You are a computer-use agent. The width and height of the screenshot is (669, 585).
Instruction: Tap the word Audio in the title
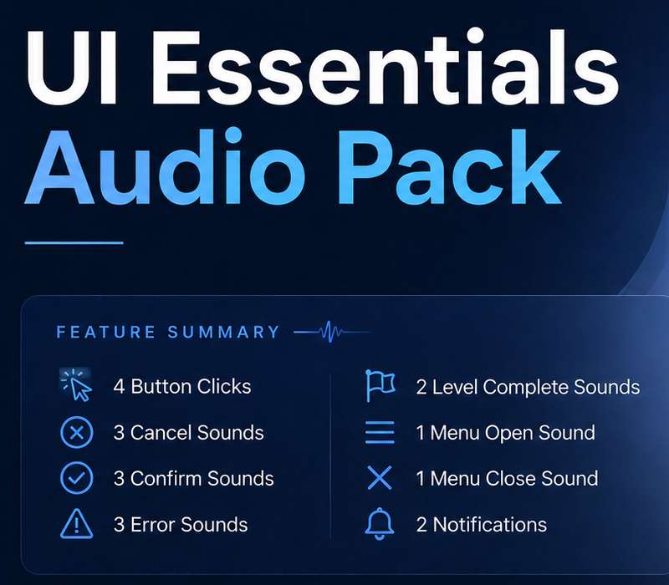(165, 166)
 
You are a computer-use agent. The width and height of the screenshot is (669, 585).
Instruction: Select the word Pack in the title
(449, 166)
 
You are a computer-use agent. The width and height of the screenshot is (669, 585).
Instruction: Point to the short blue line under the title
(74, 243)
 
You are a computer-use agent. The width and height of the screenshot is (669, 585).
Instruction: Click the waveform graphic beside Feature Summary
(332, 331)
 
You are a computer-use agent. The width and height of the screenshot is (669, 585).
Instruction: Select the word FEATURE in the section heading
(106, 332)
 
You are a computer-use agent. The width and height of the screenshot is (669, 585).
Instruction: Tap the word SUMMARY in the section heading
(223, 332)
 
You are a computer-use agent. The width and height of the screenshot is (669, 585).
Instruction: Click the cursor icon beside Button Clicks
(76, 385)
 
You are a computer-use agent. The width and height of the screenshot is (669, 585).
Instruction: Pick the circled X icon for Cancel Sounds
(77, 433)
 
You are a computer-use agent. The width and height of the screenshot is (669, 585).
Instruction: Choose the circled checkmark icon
(77, 478)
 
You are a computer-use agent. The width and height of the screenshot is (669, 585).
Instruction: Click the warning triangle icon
(77, 524)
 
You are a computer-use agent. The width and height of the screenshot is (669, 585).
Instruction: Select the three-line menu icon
(380, 432)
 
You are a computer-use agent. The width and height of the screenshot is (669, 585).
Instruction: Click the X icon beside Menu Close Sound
(380, 478)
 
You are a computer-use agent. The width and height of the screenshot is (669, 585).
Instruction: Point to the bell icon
(380, 524)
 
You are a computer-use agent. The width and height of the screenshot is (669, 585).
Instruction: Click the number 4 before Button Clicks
(119, 387)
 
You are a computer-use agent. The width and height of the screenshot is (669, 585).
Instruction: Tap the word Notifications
(490, 525)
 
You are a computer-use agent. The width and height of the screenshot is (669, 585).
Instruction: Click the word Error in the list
(152, 525)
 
